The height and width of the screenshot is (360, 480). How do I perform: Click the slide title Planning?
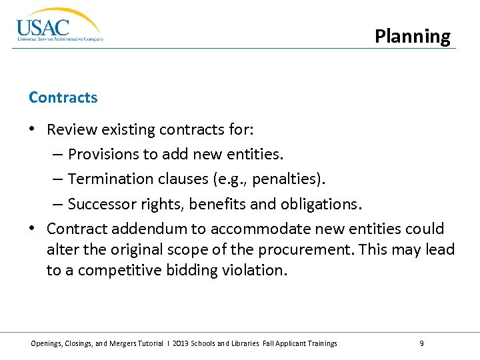click(412, 36)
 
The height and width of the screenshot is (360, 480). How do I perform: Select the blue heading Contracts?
click(63, 97)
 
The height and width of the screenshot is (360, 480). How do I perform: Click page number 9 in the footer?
click(421, 343)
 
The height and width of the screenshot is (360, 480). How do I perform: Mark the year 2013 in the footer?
click(181, 343)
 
